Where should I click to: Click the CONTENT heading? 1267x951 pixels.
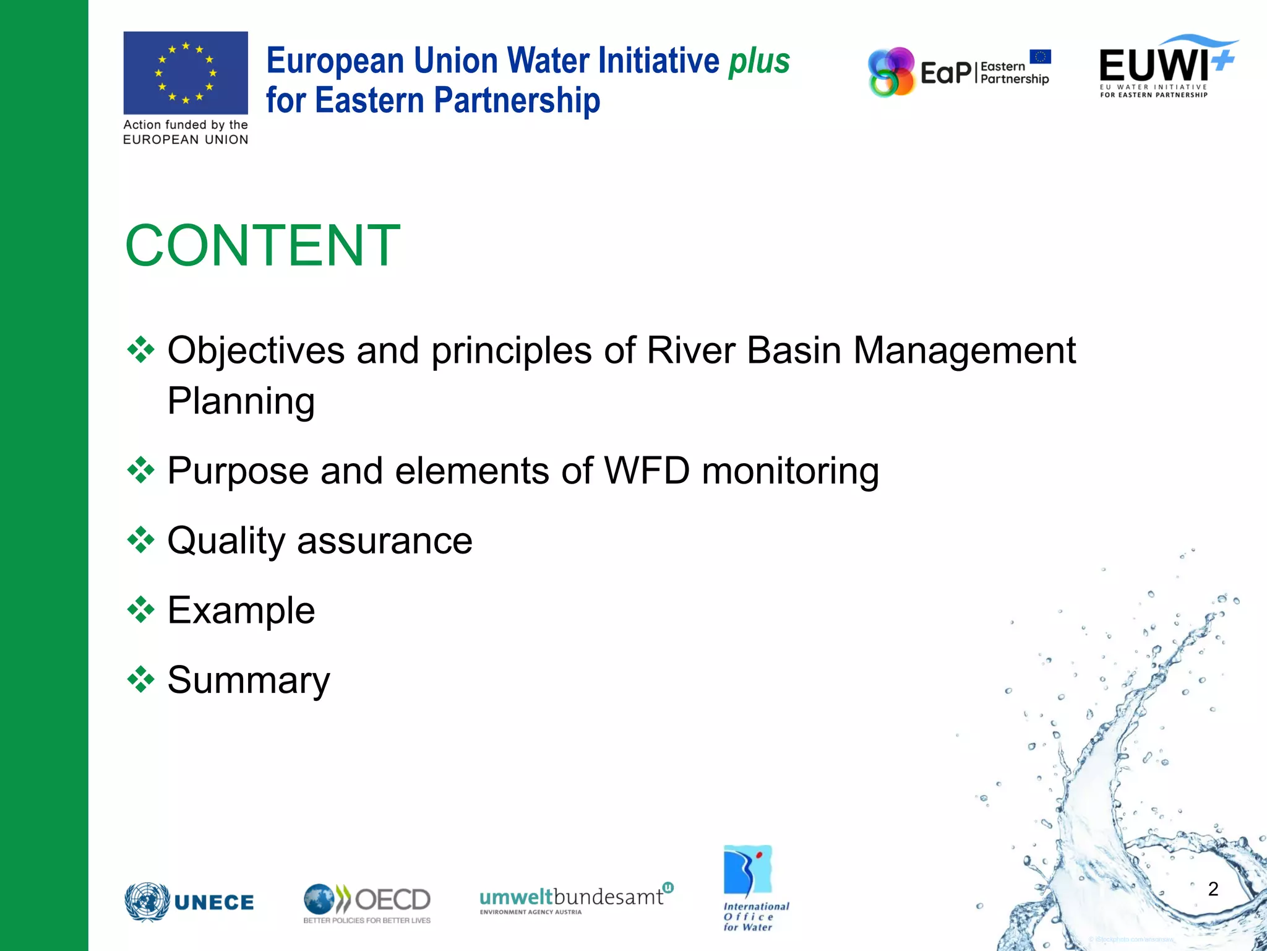pos(263,246)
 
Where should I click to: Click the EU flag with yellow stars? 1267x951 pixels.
pos(186,72)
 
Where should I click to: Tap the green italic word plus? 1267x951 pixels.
pos(759,61)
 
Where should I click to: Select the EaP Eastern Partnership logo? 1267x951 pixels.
pos(959,72)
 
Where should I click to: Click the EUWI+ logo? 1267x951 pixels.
pos(1166,66)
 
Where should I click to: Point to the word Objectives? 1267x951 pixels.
pos(256,350)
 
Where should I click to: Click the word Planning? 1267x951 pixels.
pos(241,401)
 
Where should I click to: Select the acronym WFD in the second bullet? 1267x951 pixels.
pos(646,471)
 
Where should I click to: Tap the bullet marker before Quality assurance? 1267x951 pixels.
pos(141,540)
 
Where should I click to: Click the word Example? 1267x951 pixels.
pos(241,610)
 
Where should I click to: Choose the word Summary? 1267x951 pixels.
pos(249,680)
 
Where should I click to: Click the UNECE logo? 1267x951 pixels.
pos(189,902)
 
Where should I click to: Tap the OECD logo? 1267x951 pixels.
pos(367,903)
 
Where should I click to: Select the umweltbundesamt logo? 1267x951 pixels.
pos(575,898)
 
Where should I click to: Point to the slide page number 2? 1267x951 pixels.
pos(1213,889)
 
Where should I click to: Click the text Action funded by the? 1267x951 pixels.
pos(186,125)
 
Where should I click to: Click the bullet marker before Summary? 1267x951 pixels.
pos(141,680)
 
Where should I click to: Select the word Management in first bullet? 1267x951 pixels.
pos(964,350)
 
